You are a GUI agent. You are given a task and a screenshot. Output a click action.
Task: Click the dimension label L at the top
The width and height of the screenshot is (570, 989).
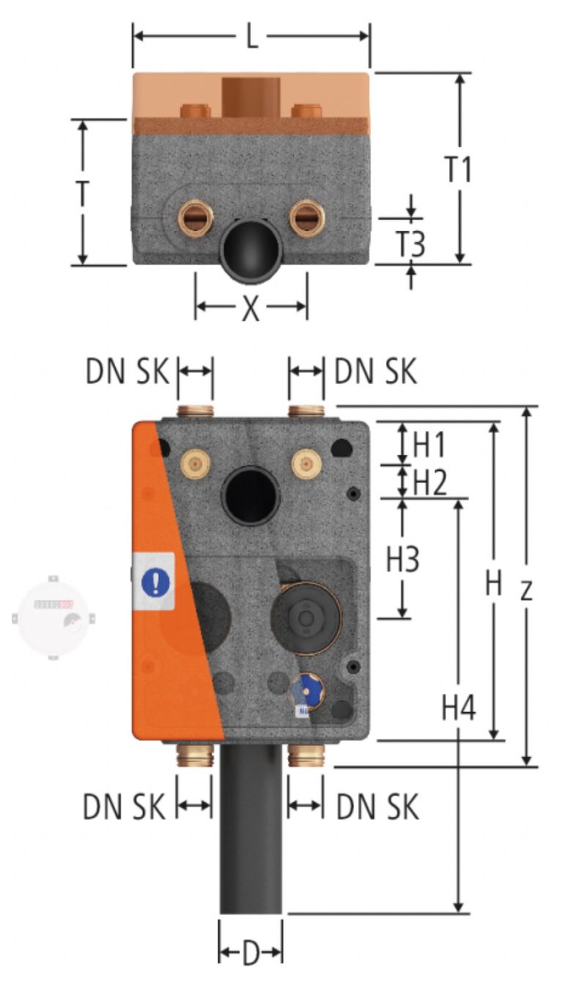point(251,37)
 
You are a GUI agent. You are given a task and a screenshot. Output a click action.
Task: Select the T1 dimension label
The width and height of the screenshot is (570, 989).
point(459,168)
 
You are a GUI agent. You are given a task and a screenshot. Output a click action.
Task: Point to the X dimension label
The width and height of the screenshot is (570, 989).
point(251,308)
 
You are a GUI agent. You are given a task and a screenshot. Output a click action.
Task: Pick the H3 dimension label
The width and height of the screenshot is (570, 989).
point(403,559)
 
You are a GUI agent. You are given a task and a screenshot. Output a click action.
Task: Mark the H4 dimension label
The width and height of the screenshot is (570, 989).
point(459,708)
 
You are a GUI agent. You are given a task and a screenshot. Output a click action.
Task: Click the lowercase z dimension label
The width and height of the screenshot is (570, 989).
point(526,590)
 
